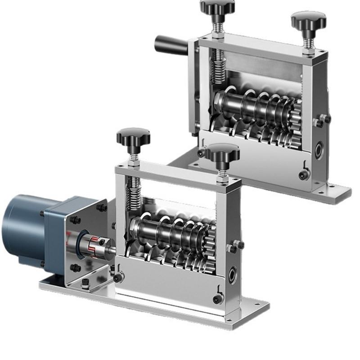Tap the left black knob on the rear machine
point(217,7)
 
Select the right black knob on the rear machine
point(308,21)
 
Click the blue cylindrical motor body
point(22,229)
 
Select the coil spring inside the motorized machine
point(134,193)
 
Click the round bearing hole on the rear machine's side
point(319,151)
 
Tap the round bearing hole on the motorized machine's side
point(233,274)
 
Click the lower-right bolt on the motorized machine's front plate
point(218,299)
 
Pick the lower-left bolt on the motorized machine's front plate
point(119,278)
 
